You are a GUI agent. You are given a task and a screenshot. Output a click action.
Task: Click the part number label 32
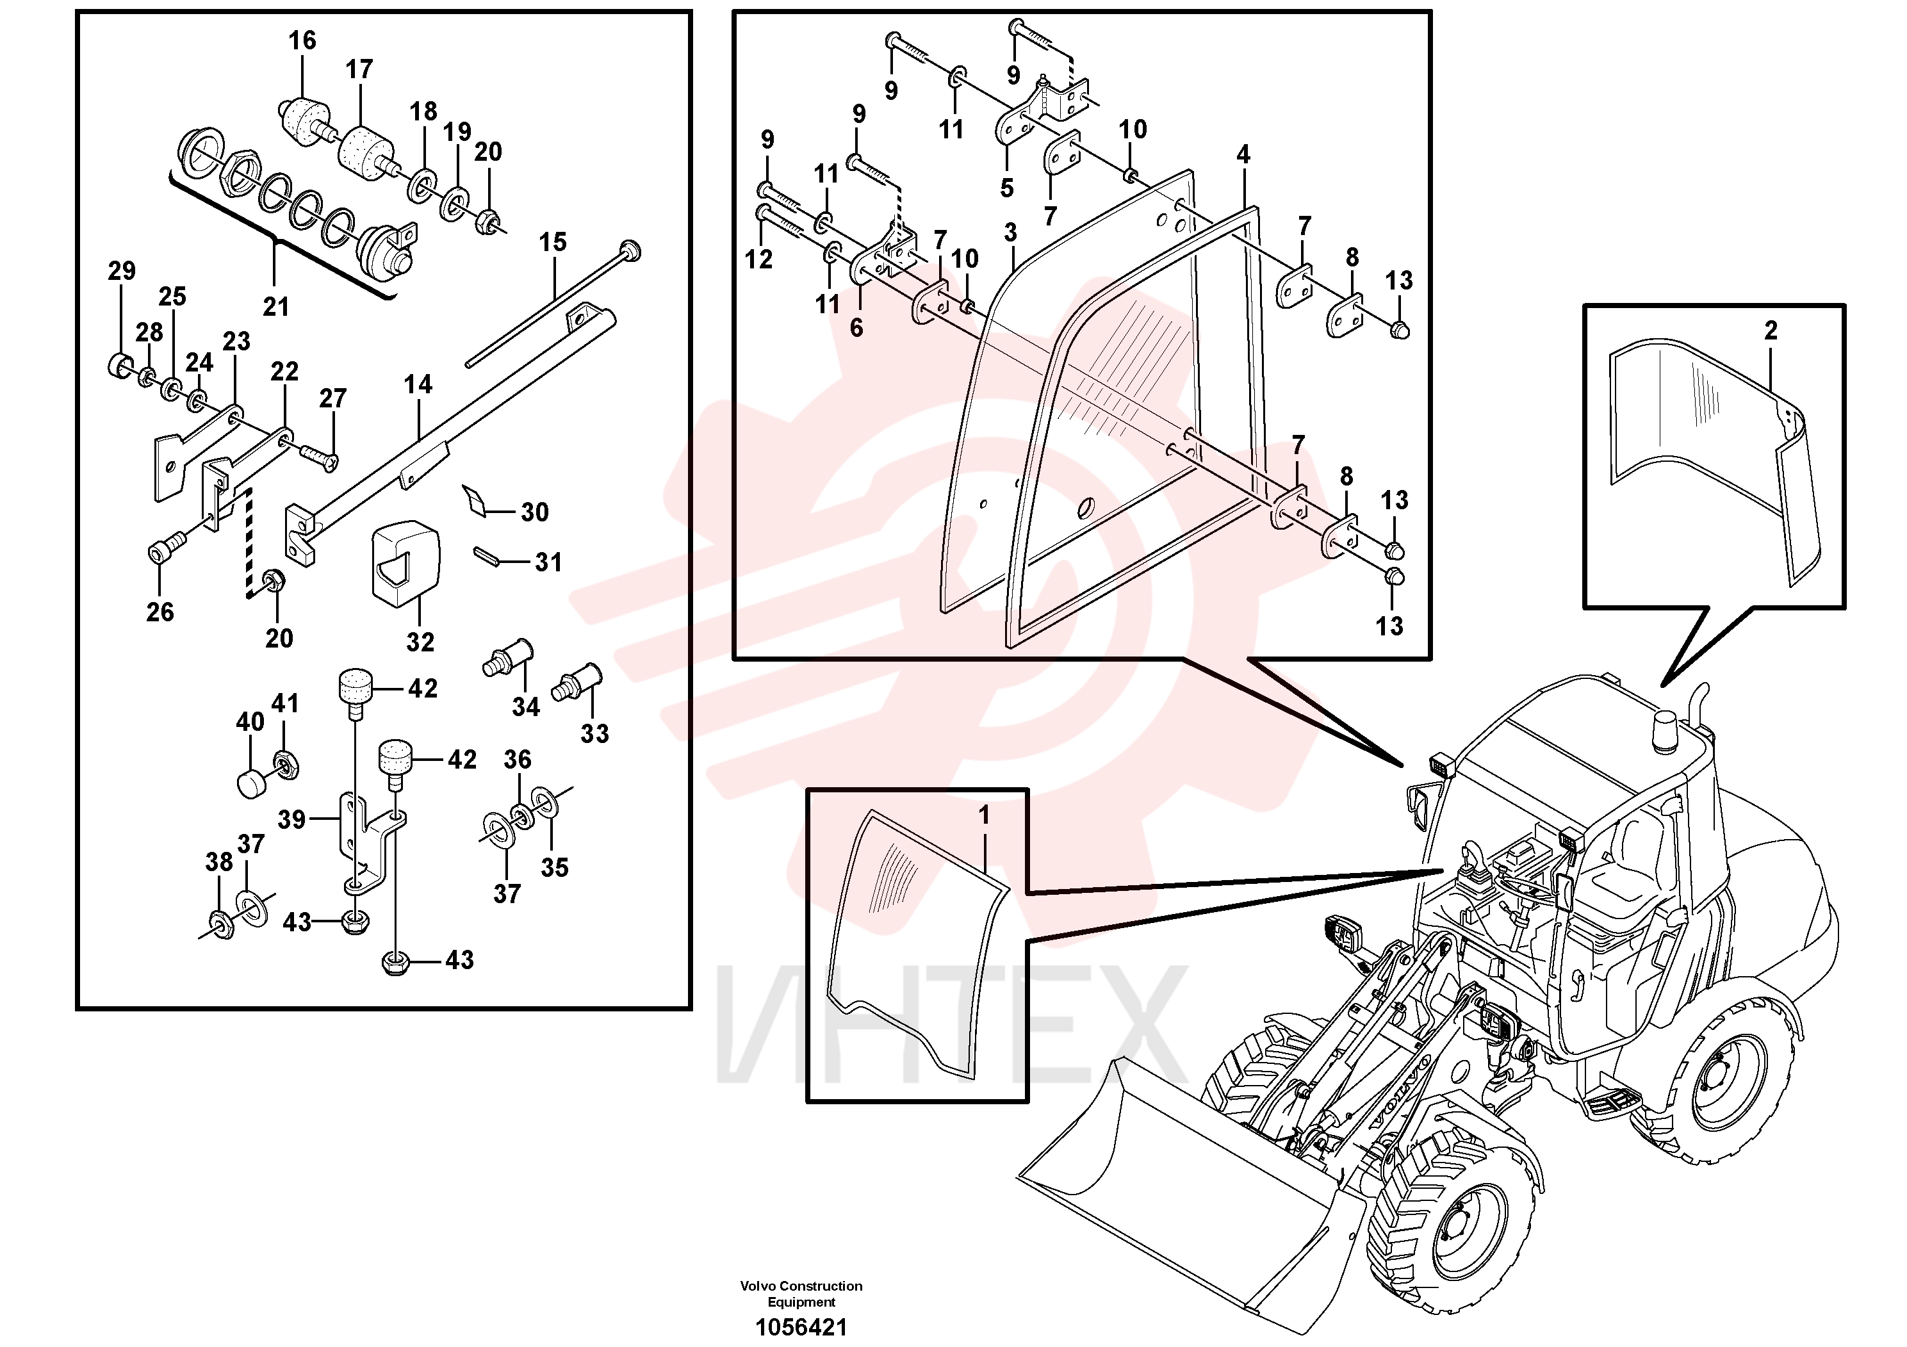tap(420, 641)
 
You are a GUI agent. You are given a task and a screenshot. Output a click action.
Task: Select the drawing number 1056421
tap(801, 1327)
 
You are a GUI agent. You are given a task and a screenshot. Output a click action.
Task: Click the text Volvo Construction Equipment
tap(801, 1294)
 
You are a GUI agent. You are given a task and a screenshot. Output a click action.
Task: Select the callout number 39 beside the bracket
tap(291, 820)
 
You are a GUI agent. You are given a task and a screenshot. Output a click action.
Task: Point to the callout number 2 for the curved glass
tap(1770, 331)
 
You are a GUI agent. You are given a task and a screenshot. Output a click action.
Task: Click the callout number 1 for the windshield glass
tap(984, 815)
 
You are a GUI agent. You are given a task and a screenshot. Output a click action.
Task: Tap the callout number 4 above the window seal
tap(1243, 154)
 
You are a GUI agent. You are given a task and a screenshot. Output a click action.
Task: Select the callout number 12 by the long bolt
tap(758, 259)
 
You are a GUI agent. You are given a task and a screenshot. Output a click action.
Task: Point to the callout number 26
tap(160, 612)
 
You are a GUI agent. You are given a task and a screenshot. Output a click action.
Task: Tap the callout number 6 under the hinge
tap(856, 328)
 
